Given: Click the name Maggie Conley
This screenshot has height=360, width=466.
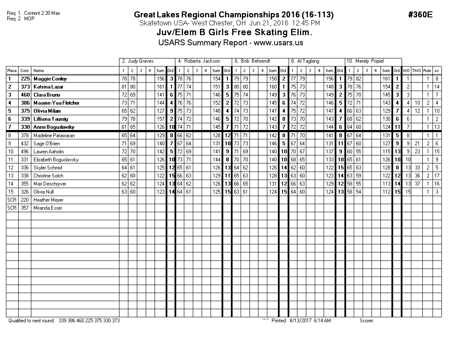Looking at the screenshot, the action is point(50,79).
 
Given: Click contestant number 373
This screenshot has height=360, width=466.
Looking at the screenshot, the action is point(25,87).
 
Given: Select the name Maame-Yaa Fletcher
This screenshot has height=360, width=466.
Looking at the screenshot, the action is point(56,103).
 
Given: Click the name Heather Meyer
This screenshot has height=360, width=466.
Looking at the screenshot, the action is point(48,200).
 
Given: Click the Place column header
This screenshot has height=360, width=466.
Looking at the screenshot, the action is point(12,71).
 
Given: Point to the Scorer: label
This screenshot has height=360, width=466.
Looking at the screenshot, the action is point(367,321).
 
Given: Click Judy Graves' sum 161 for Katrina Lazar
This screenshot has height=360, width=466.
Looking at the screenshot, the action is point(160,87).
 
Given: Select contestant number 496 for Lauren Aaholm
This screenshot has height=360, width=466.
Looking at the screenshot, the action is point(25,152).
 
